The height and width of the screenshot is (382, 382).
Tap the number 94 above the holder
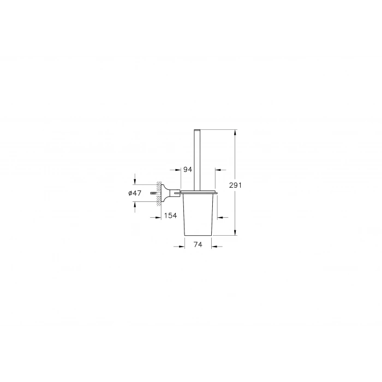pyautogui.click(x=187, y=170)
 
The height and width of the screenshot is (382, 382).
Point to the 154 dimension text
pyautogui.click(x=170, y=216)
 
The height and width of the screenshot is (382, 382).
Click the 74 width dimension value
pyautogui.click(x=198, y=246)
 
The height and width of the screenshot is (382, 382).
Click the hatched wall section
pyautogui.click(x=158, y=192)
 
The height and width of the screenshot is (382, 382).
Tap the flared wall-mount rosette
pyautogui.click(x=163, y=192)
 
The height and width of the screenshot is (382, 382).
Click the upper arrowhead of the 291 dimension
pyautogui.click(x=235, y=133)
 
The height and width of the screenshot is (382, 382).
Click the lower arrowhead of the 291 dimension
pyautogui.click(x=235, y=232)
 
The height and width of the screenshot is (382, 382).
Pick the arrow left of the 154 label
pyautogui.click(x=154, y=216)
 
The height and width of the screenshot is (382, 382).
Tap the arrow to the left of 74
pyautogui.click(x=180, y=246)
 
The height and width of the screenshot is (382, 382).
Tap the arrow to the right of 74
pyautogui.click(x=217, y=246)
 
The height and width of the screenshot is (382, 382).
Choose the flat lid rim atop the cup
pyautogui.click(x=199, y=193)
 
